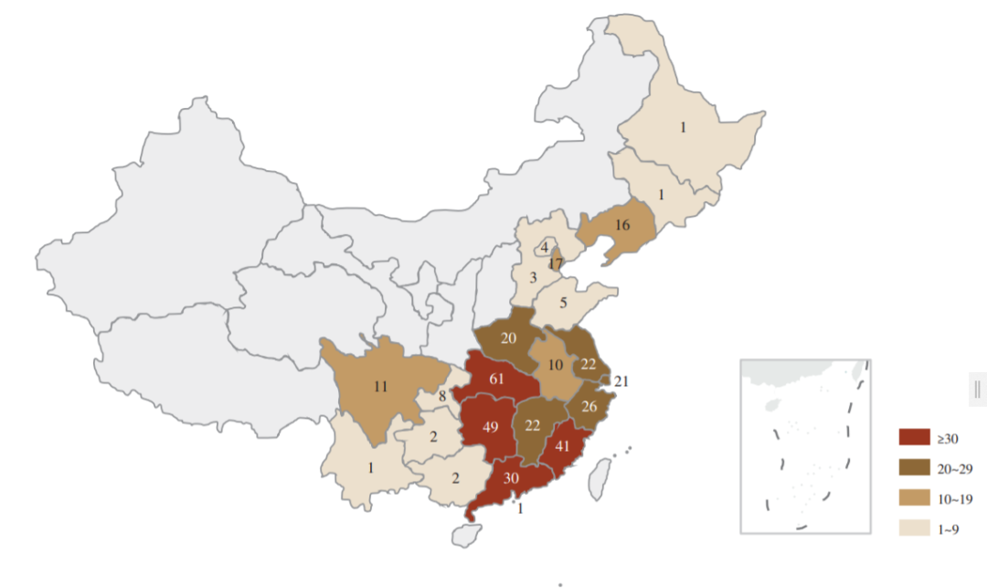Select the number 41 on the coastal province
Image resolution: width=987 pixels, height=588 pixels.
(563, 447)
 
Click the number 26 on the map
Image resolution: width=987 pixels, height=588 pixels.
(589, 407)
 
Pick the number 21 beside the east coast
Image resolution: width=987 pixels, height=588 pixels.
(622, 381)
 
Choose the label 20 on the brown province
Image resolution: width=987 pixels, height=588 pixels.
(508, 338)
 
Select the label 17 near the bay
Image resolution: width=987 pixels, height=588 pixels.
(555, 264)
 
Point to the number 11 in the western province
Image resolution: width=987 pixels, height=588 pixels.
(380, 386)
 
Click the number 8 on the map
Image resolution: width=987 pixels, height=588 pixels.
(441, 397)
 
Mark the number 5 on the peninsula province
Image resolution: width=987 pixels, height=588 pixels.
(564, 303)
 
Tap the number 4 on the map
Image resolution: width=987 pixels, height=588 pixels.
(544, 247)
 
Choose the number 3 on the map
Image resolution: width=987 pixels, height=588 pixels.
(531, 277)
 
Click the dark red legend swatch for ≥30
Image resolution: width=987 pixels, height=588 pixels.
(914, 436)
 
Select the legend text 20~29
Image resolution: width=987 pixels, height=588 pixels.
(952, 467)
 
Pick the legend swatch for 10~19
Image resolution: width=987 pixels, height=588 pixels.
(914, 497)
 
